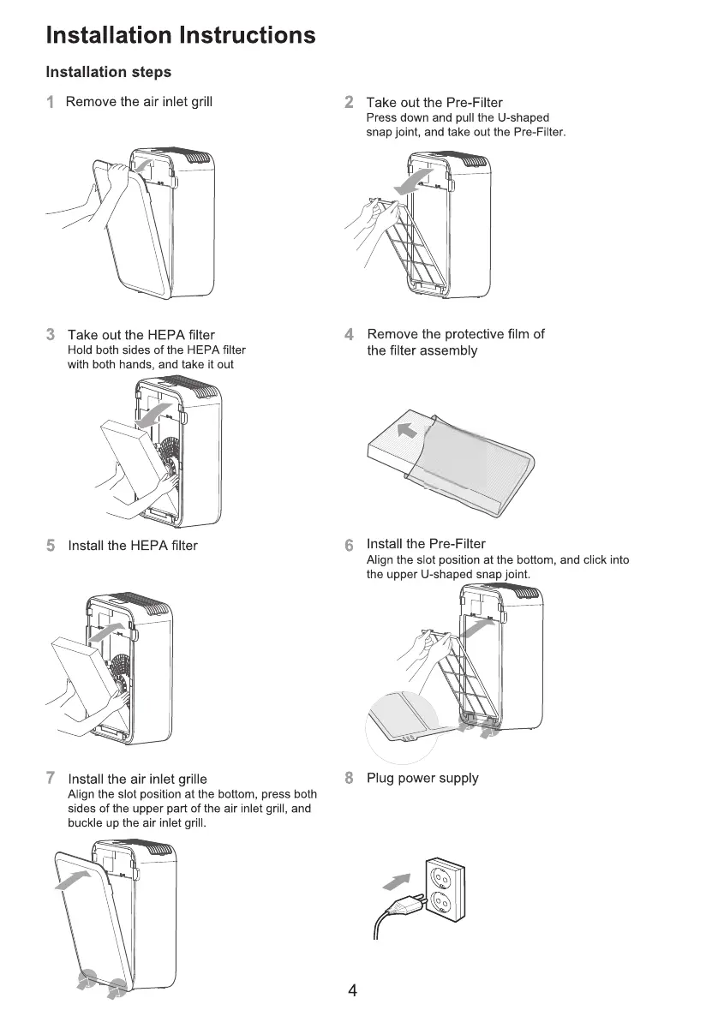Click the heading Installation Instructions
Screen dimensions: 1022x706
(x=180, y=35)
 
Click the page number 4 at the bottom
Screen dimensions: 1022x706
(x=352, y=991)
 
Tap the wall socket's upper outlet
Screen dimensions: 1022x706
(x=441, y=876)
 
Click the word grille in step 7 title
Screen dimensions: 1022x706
(x=188, y=779)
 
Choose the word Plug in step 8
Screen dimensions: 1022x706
(x=380, y=779)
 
